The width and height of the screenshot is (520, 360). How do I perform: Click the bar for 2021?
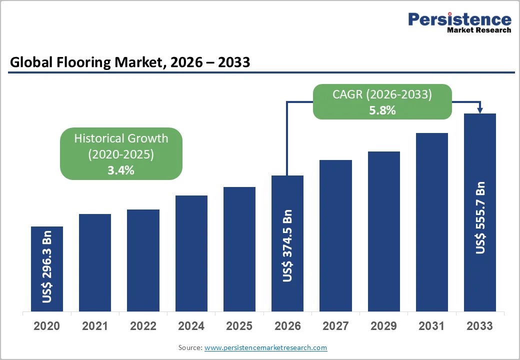(x=95, y=262)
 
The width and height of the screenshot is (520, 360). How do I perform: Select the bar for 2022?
(x=143, y=260)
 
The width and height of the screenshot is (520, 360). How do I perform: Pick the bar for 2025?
(x=239, y=249)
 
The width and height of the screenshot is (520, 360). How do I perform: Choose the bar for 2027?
(x=335, y=235)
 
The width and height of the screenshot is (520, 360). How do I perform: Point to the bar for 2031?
(x=431, y=222)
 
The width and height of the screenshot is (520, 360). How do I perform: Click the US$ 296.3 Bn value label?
(x=47, y=266)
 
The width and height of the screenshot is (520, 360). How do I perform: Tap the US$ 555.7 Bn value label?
(x=480, y=217)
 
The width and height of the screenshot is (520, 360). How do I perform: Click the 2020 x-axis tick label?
(x=46, y=326)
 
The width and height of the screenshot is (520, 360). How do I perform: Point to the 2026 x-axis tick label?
(x=287, y=326)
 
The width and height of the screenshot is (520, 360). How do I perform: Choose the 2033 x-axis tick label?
(x=479, y=326)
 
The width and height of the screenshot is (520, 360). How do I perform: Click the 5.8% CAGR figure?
(x=382, y=110)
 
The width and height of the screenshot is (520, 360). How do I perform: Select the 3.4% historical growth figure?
(x=121, y=170)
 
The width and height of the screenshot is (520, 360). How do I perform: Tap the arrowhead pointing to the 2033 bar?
(x=480, y=110)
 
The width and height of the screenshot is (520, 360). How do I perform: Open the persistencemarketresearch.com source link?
(x=265, y=347)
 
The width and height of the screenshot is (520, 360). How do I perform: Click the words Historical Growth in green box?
(x=121, y=138)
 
